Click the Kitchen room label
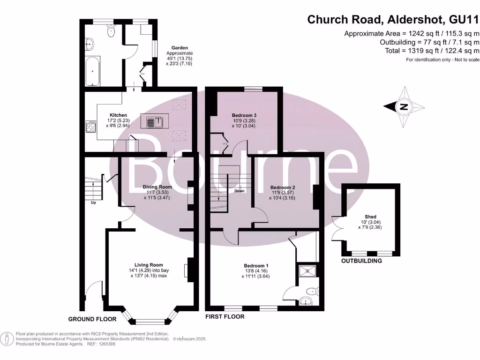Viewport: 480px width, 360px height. coord(118,115)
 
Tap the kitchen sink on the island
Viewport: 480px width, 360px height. coord(155,122)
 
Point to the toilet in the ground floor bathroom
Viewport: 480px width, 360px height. coord(111,31)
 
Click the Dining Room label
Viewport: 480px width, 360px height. coord(157,187)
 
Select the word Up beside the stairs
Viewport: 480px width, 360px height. coord(93,203)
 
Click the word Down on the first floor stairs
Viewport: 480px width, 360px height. coord(239,191)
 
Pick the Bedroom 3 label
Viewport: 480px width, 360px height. coord(244,115)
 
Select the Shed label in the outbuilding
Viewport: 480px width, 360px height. coord(370,217)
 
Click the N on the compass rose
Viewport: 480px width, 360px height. coord(403,107)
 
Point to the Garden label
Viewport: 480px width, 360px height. coord(180,48)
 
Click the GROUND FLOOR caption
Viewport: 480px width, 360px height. coord(92,319)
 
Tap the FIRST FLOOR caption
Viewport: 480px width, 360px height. coord(225,317)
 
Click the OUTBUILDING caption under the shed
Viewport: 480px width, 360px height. coord(361,261)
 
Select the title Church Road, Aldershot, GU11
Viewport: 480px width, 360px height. coord(393,20)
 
